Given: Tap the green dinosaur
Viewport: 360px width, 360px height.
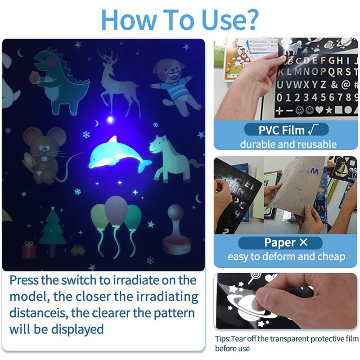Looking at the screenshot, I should (61, 81).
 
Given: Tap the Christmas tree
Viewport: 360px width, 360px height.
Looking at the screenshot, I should (53, 227).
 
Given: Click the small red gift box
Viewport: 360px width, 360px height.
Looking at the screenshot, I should (29, 250).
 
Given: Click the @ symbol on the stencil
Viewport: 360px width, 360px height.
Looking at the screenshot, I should (345, 84).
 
